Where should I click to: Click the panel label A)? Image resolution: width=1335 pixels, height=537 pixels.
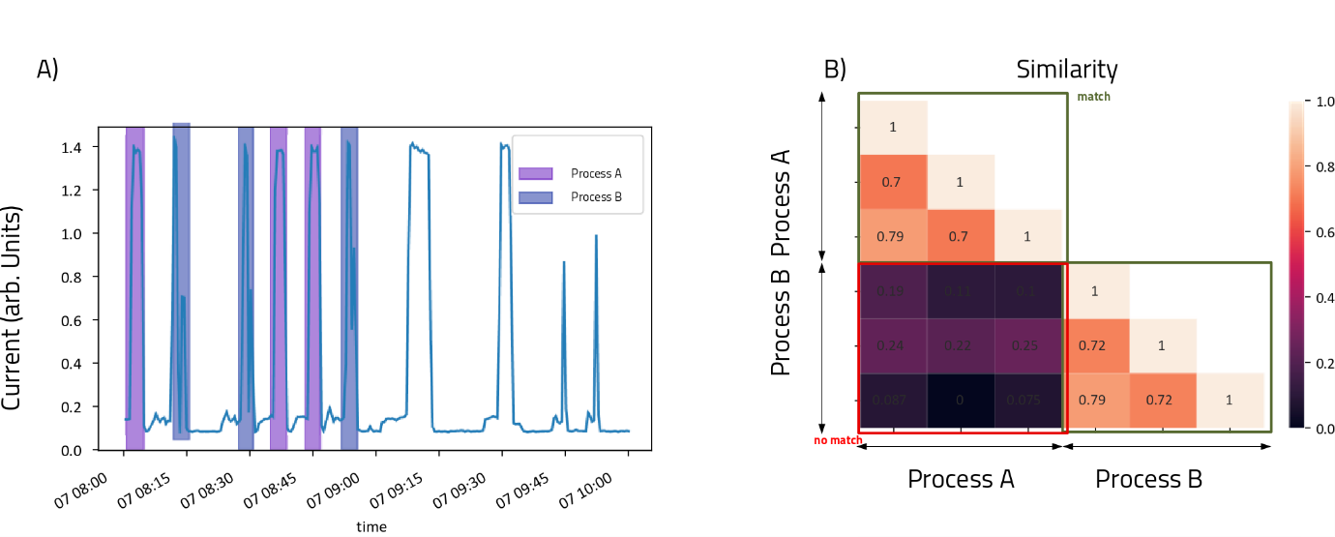[47, 69]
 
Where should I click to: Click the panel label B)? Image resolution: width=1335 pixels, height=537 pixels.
[835, 69]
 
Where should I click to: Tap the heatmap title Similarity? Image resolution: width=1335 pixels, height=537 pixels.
[1067, 70]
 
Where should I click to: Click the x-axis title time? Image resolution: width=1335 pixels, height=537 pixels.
[371, 527]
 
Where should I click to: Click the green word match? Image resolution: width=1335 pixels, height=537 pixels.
[1093, 97]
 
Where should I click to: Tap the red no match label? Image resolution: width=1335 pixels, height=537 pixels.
[839, 441]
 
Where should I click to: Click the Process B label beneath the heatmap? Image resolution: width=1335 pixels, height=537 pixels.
[1148, 478]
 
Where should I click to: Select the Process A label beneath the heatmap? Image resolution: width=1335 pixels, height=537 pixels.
[961, 478]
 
